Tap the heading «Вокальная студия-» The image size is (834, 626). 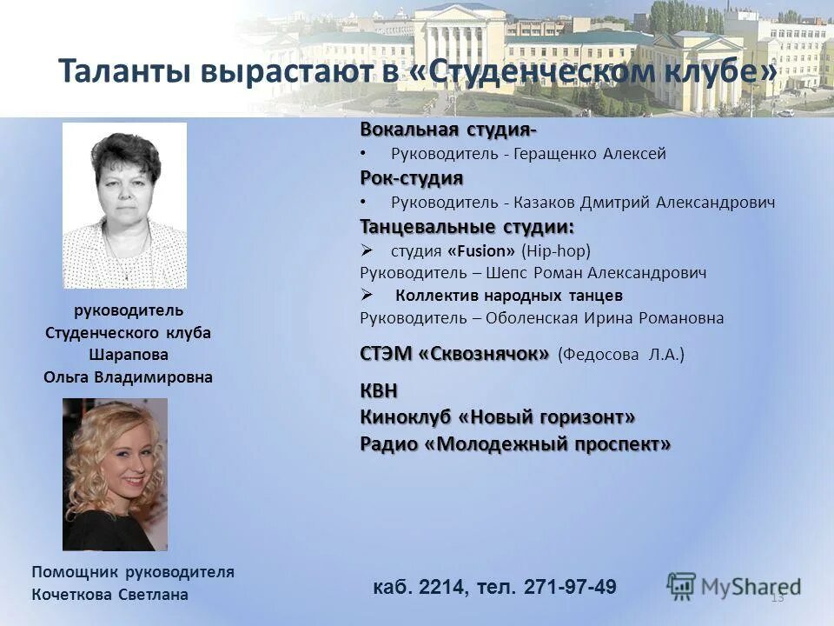(x=448, y=130)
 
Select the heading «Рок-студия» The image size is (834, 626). (x=412, y=178)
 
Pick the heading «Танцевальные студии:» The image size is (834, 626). (x=467, y=227)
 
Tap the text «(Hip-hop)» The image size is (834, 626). (x=556, y=251)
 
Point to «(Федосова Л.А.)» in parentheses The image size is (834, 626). (x=621, y=355)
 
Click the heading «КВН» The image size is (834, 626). (x=379, y=392)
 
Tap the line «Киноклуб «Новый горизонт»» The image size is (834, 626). (x=498, y=417)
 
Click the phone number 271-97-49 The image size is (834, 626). (x=571, y=587)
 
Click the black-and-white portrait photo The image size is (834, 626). (x=124, y=205)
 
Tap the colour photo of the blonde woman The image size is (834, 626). (x=115, y=475)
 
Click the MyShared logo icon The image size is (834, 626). (x=682, y=584)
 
